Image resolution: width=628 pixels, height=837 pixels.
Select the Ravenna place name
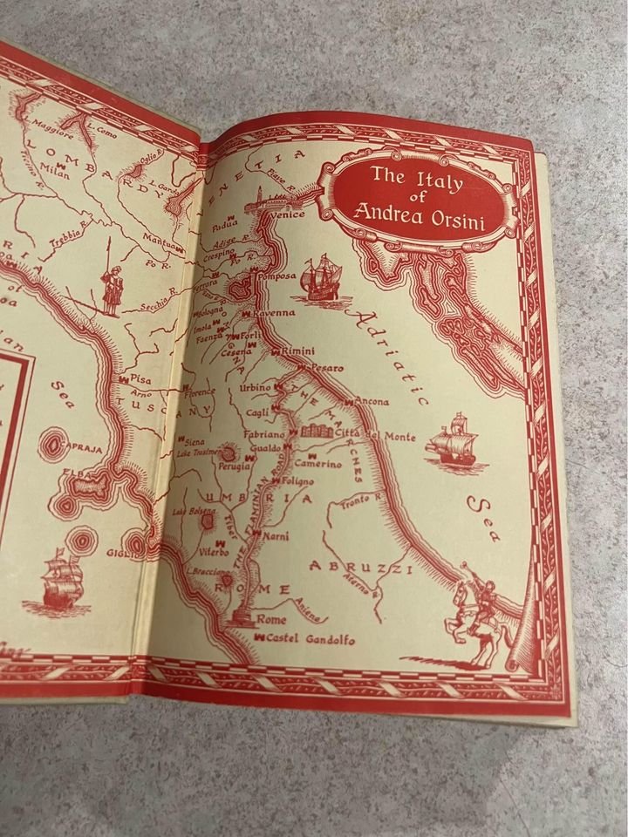(x=274, y=312)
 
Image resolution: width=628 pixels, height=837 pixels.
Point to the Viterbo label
(x=211, y=553)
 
